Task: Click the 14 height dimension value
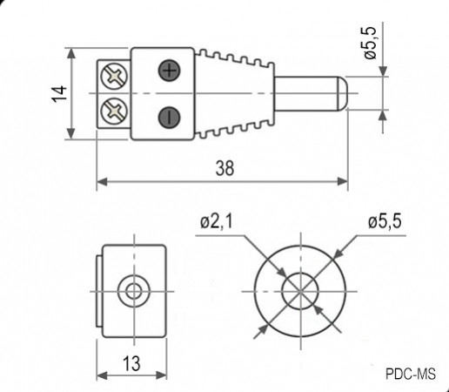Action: pos(57,94)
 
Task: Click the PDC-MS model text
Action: pos(409,375)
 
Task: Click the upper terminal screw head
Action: pos(113,76)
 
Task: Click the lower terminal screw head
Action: pos(113,111)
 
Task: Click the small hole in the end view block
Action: pos(132,290)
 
